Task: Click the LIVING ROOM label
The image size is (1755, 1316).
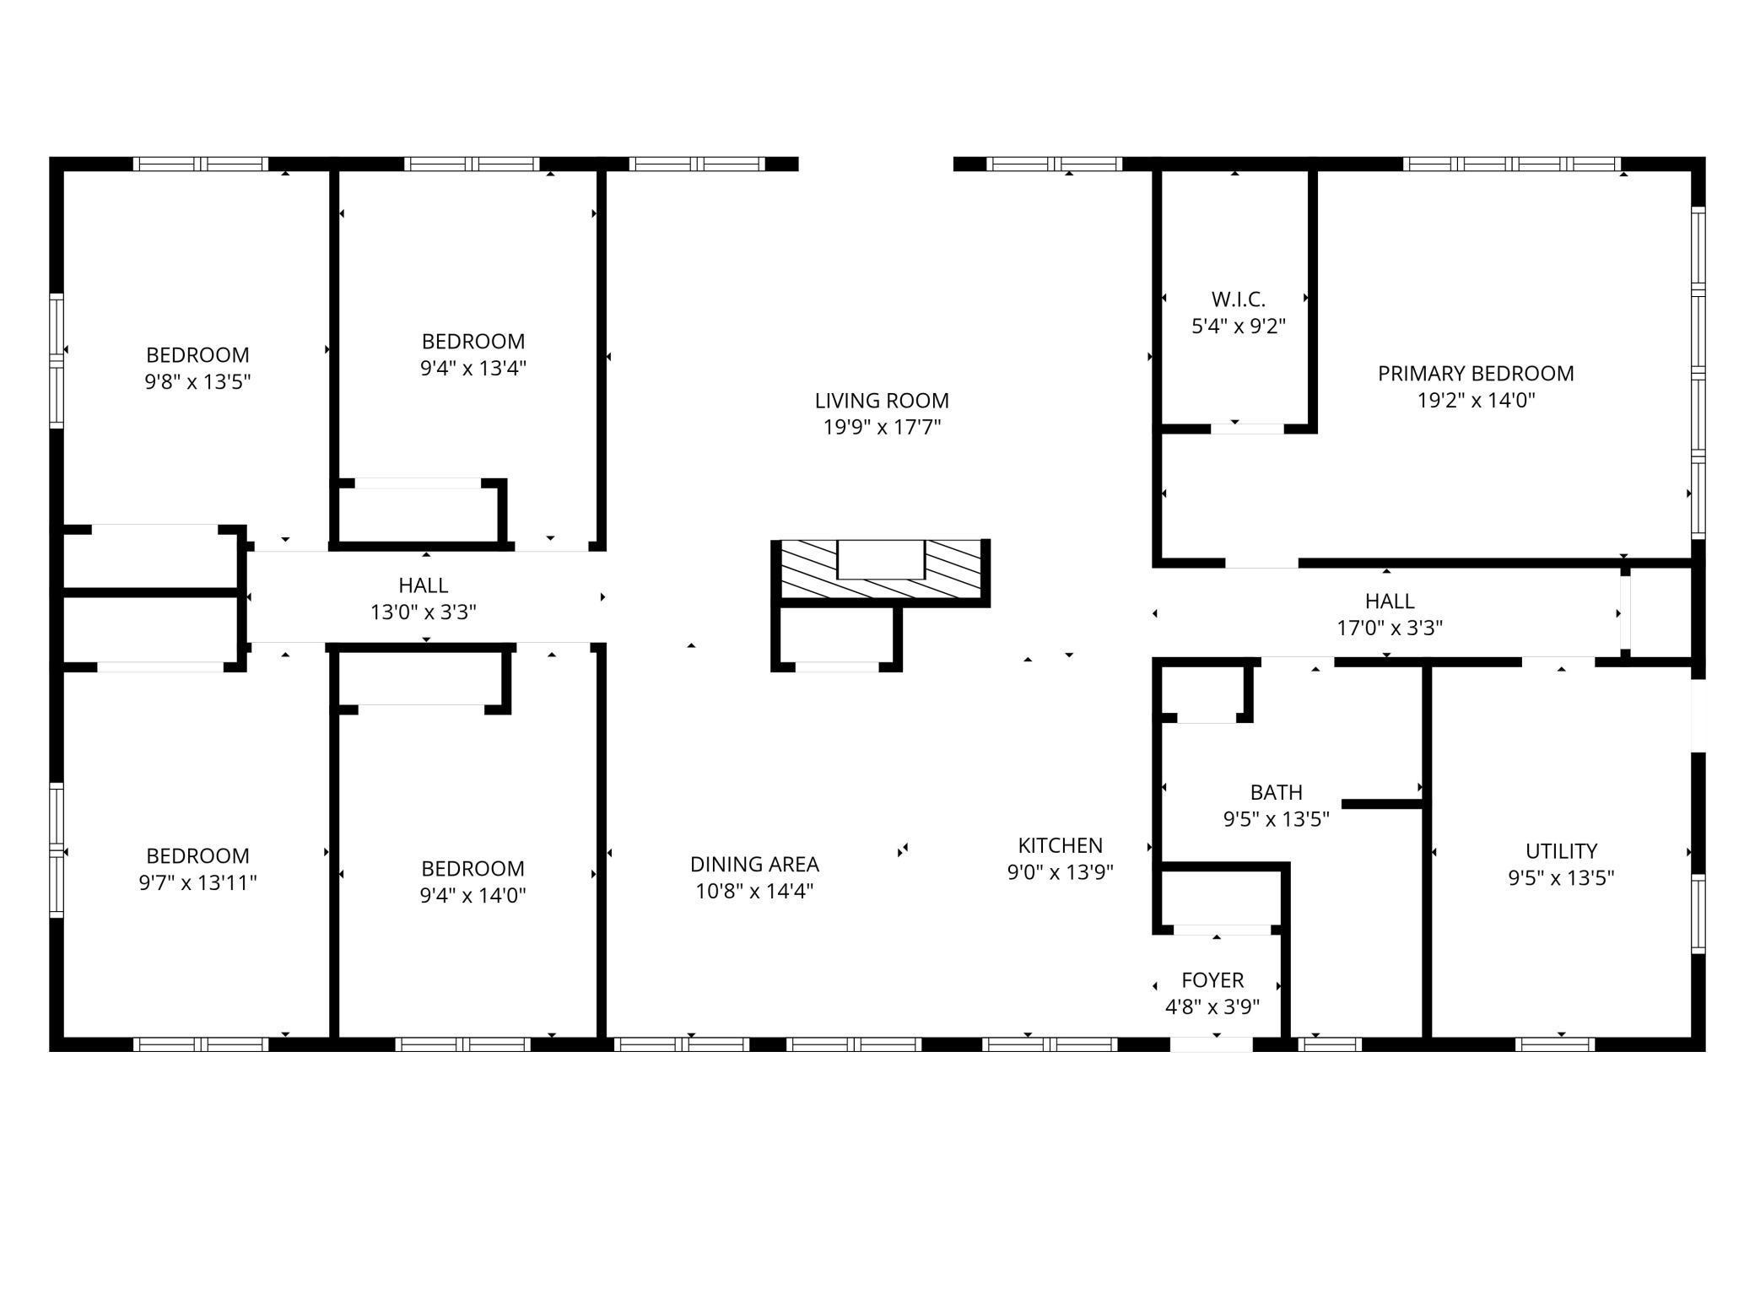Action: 881,401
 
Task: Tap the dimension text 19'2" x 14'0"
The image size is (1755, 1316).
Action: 1475,400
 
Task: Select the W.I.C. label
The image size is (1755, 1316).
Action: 1238,299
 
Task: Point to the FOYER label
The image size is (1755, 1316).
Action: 1212,980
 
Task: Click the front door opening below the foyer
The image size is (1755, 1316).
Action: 1211,1044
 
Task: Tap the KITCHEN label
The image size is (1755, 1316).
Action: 1060,845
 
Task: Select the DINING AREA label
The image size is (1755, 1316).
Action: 754,865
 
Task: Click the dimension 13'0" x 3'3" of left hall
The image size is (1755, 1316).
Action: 423,612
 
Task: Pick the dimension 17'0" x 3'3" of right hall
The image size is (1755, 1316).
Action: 1389,628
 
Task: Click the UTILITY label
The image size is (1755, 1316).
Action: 1560,851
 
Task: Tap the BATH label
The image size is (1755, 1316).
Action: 1276,793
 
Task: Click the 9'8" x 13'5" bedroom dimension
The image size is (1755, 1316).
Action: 197,382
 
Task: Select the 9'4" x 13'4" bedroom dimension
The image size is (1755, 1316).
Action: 473,369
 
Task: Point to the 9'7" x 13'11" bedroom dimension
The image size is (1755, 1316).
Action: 197,883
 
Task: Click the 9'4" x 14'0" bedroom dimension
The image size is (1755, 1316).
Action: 472,896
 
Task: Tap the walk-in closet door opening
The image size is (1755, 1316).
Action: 1247,429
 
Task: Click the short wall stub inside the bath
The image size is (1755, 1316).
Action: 1381,804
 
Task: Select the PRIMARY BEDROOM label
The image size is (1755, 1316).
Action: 1475,374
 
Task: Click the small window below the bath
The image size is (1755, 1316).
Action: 1329,1044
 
